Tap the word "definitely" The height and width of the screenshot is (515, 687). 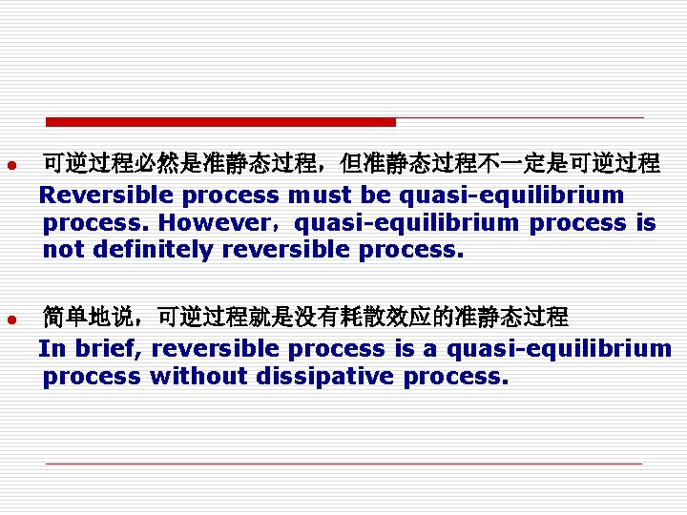(x=149, y=250)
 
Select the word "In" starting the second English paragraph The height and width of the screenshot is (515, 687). (x=50, y=348)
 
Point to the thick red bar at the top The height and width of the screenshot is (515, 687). (x=220, y=122)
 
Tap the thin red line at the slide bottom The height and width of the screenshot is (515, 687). (x=343, y=464)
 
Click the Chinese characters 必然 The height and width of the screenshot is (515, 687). (x=157, y=164)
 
